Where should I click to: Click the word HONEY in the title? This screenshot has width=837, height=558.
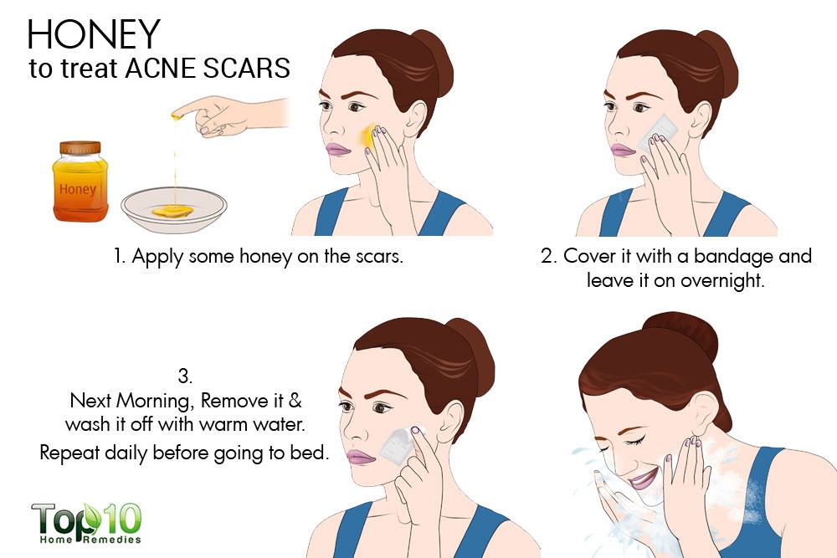pyautogui.click(x=94, y=34)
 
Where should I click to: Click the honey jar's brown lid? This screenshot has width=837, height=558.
pyautogui.click(x=80, y=147)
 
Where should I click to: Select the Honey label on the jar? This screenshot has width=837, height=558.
pyautogui.click(x=78, y=189)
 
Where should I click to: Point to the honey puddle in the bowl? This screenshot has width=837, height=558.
pyautogui.click(x=172, y=212)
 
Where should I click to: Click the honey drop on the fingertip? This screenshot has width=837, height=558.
pyautogui.click(x=175, y=115)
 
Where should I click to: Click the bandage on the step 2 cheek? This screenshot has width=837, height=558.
pyautogui.click(x=656, y=132)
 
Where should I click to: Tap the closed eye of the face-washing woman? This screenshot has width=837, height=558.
pyautogui.click(x=633, y=442)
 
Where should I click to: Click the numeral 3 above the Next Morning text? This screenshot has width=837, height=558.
pyautogui.click(x=185, y=376)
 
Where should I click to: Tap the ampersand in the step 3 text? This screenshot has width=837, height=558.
pyautogui.click(x=295, y=400)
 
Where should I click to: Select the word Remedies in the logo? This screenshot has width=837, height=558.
pyautogui.click(x=112, y=540)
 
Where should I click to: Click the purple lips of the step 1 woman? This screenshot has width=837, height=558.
pyautogui.click(x=337, y=150)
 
